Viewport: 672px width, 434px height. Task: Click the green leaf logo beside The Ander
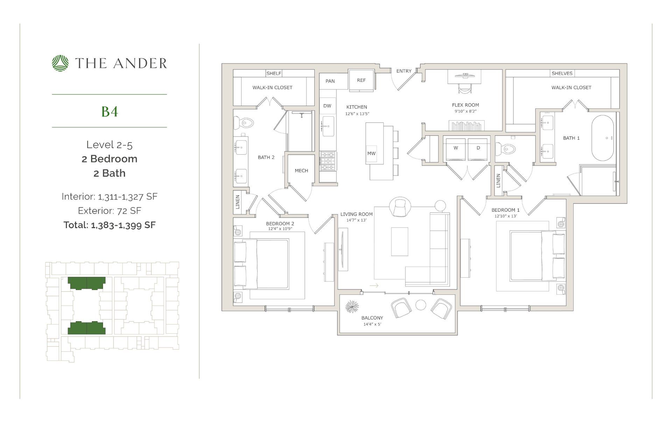coord(60,63)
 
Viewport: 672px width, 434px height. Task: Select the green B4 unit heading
coord(110,112)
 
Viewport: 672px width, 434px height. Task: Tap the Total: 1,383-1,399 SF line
coord(110,225)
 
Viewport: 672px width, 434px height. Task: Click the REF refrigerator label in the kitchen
coord(361,80)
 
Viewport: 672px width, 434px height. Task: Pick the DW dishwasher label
coord(327,106)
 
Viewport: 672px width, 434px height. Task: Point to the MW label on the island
coord(371,154)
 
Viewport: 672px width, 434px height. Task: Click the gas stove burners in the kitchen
coord(328,161)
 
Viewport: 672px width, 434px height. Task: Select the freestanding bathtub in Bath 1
coord(602,138)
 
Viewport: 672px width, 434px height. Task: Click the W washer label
coord(456,148)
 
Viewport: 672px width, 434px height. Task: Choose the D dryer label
coord(478,148)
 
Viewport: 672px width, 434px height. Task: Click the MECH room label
coord(301,171)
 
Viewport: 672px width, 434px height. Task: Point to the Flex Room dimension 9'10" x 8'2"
coord(465,112)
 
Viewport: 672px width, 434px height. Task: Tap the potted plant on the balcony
coord(352,306)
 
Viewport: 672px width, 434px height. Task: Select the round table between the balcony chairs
coord(421,305)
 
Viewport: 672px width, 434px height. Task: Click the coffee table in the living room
coord(399,242)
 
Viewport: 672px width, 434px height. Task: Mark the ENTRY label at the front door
coord(404,71)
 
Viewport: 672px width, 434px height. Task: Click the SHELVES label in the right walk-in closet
coord(562,73)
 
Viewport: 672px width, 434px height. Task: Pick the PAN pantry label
coord(330,81)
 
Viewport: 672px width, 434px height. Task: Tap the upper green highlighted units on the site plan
coord(86,283)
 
